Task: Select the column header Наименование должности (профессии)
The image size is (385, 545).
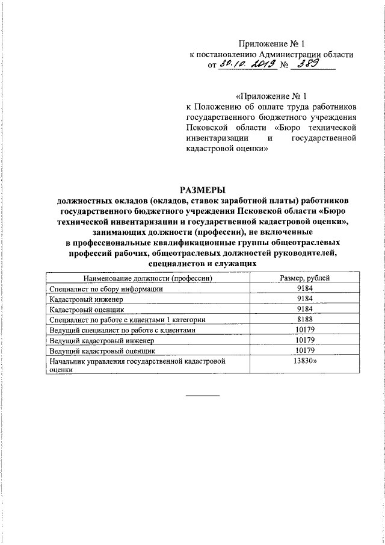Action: point(149,278)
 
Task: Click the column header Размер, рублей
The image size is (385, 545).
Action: point(304,278)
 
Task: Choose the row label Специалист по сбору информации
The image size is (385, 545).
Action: point(106,288)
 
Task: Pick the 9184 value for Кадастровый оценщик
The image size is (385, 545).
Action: point(304,309)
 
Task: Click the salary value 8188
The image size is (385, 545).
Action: point(304,319)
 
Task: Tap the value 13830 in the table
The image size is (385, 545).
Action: point(306,361)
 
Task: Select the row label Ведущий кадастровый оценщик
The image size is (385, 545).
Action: point(102,350)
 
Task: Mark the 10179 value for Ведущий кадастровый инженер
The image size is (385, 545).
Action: point(305,340)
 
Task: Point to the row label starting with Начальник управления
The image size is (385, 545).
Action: point(137,361)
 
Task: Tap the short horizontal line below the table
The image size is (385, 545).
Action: point(202,396)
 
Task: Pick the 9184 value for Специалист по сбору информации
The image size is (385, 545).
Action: point(304,288)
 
